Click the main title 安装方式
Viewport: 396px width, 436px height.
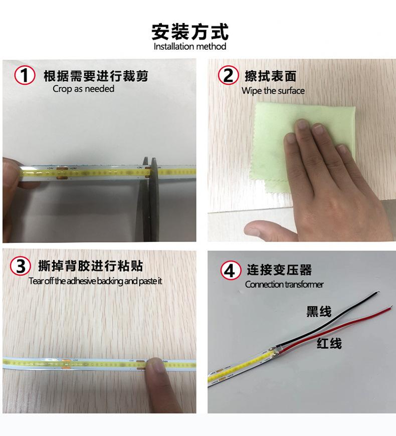pyautogui.click(x=190, y=31)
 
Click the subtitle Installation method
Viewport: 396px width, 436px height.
pyautogui.click(x=190, y=47)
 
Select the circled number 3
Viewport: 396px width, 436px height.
pyautogui.click(x=21, y=266)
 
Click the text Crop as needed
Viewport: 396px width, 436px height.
pyautogui.click(x=83, y=89)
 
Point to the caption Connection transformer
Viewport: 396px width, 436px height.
pyautogui.click(x=284, y=285)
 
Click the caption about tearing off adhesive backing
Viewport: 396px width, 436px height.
pyautogui.click(x=95, y=281)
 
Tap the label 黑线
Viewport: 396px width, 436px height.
pyautogui.click(x=319, y=312)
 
